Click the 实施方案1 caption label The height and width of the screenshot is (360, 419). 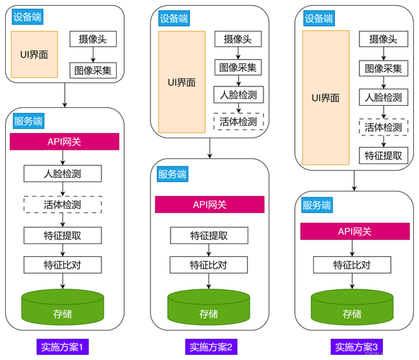click(63, 347)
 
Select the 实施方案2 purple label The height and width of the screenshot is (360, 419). click(211, 347)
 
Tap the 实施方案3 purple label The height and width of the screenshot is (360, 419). click(356, 347)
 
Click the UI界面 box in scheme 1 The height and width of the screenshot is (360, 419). click(35, 54)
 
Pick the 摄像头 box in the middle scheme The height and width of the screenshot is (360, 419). click(238, 39)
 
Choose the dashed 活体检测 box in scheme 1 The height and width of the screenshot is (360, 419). click(63, 204)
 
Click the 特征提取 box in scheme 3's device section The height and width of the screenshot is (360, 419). click(384, 156)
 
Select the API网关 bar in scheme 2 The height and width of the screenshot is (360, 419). click(209, 204)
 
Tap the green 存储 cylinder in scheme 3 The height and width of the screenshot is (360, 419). click(352, 307)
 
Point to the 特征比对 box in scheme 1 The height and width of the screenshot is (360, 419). click(63, 265)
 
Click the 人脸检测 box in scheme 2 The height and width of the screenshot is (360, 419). click(238, 94)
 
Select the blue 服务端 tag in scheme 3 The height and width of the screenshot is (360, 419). click(317, 205)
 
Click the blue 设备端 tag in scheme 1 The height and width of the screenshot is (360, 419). click(27, 17)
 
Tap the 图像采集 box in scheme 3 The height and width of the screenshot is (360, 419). click(384, 68)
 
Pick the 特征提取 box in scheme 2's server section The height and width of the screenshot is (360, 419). click(209, 235)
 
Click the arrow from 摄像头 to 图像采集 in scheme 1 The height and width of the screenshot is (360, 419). click(93, 55)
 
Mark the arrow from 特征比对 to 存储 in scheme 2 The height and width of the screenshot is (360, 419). click(209, 281)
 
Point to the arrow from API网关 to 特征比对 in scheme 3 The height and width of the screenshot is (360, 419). click(352, 248)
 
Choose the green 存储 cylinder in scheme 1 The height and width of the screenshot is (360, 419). click(63, 307)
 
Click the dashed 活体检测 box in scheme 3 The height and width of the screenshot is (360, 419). click(384, 127)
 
